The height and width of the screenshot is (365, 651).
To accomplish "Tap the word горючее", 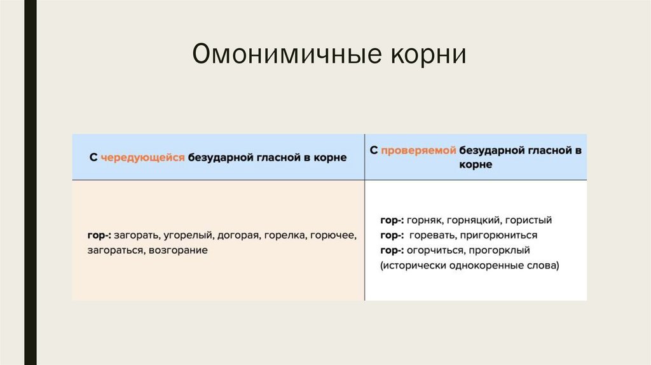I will [334, 235].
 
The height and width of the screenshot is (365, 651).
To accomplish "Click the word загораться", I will [116, 251].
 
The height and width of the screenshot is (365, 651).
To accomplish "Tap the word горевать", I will [431, 235].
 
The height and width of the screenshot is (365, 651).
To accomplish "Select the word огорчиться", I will [435, 251].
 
